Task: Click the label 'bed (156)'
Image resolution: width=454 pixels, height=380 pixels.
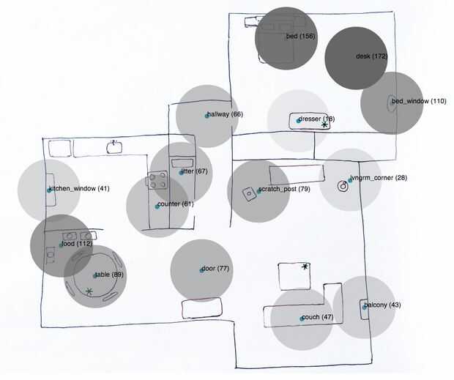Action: pos(301,37)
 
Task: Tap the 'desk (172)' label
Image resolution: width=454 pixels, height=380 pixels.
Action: pos(371,56)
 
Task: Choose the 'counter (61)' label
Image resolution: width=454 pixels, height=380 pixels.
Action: pos(176,204)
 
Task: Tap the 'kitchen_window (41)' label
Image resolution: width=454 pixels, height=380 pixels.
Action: pos(81,189)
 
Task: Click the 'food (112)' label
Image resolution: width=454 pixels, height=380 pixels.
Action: pos(78,244)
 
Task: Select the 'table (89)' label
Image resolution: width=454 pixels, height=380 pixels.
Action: pos(110,275)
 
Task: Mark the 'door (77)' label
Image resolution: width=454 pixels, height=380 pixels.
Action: pos(217,269)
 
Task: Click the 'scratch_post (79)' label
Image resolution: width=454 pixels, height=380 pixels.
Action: pos(285,190)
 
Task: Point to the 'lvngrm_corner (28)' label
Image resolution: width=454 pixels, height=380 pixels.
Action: pos(378,179)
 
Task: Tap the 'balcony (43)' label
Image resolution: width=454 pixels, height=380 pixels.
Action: pos(382,305)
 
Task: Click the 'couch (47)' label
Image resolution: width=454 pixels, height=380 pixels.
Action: pos(319,317)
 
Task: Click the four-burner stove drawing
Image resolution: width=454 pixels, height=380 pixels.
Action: pos(156,180)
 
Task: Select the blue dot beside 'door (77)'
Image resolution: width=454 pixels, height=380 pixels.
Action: pos(202,270)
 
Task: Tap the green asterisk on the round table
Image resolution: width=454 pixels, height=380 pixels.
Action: pos(89,291)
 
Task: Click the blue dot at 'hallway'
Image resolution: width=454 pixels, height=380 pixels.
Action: pos(207,116)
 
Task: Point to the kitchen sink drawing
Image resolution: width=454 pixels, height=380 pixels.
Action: pos(114,147)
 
